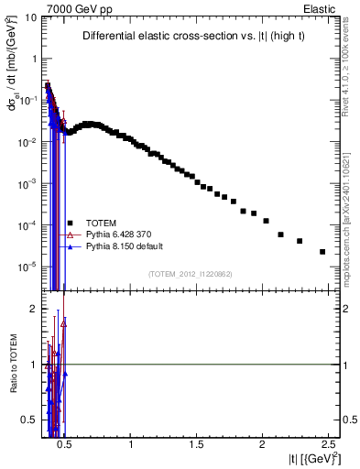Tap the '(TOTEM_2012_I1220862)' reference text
click(x=191, y=274)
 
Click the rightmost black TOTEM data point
click(x=322, y=252)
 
